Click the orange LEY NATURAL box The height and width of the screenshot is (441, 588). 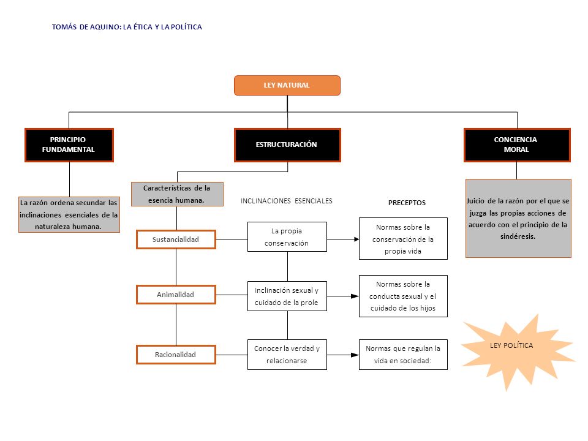point(287,85)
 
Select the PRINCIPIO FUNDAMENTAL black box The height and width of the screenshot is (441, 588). point(69,145)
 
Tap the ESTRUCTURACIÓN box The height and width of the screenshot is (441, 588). point(287,145)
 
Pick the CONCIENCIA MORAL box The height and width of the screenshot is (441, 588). point(517,145)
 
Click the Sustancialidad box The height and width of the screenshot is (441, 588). point(176,239)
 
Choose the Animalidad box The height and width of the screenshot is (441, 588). point(176,295)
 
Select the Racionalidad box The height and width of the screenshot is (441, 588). point(176,355)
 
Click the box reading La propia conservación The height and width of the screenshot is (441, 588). point(287,236)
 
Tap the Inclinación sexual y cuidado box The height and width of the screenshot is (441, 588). point(287,296)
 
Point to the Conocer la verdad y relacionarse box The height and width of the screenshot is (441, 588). point(287,355)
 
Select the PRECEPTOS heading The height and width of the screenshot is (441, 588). point(407,203)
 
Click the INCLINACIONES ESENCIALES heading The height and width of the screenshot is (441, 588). point(287,201)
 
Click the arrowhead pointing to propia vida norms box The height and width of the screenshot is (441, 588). point(356,239)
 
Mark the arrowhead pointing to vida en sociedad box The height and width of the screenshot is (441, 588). point(355,355)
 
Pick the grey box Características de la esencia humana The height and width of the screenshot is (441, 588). point(177,194)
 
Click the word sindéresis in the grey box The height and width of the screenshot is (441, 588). point(518,236)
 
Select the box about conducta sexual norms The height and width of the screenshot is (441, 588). point(403,296)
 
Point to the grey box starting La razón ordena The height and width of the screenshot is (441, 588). point(69,214)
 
